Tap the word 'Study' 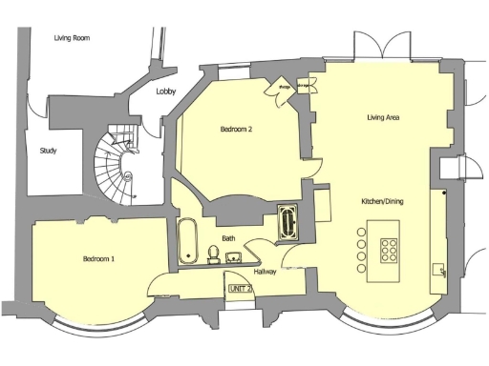[48, 151]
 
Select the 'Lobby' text [166, 91]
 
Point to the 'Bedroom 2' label [236, 129]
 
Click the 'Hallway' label [265, 272]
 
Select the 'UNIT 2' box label [239, 288]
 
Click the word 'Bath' [229, 237]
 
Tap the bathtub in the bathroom [186, 241]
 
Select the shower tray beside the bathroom [287, 223]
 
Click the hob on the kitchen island [390, 250]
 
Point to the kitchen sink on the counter [440, 270]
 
